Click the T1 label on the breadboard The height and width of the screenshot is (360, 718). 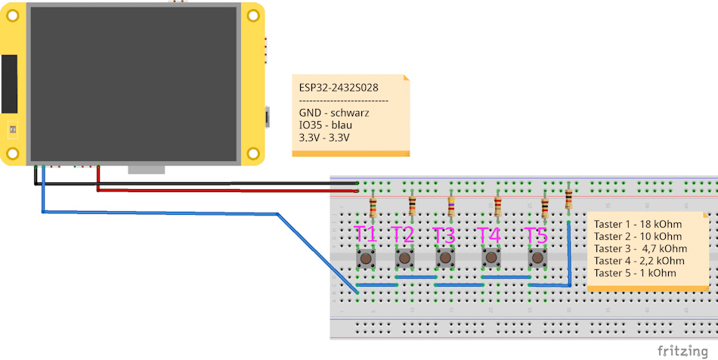click(x=366, y=234)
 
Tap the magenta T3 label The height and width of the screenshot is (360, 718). click(x=445, y=234)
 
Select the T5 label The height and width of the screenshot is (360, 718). click(x=537, y=234)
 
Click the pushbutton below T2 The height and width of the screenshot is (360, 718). click(x=405, y=259)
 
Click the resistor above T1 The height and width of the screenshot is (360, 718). click(x=373, y=206)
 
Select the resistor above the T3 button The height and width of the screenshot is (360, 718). click(x=451, y=206)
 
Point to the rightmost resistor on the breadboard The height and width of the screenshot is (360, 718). click(x=568, y=200)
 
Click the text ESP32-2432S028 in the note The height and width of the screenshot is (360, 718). click(x=339, y=88)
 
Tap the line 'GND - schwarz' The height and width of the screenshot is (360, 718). click(x=334, y=113)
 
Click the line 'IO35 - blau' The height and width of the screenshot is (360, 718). click(x=326, y=125)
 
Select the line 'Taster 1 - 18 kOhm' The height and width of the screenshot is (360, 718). click(x=638, y=224)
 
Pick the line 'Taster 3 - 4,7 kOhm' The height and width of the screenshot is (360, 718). click(x=640, y=248)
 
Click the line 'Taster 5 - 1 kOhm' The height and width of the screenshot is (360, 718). click(x=635, y=272)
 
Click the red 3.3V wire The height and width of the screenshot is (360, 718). click(x=227, y=191)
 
